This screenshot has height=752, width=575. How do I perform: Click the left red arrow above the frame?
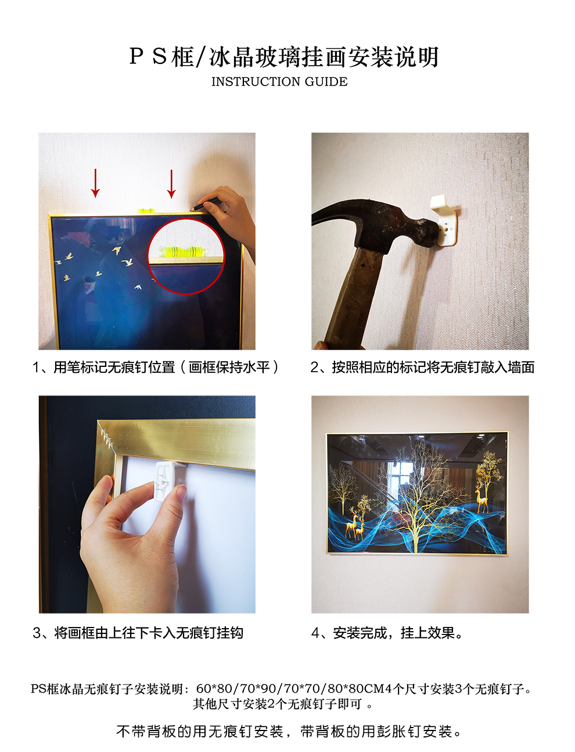(x=95, y=183)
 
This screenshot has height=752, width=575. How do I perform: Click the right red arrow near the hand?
(x=171, y=184)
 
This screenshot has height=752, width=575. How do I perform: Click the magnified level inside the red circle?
(x=186, y=250)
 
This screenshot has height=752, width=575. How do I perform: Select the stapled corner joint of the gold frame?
(x=106, y=437)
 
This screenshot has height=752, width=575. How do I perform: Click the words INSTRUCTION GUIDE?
(x=279, y=81)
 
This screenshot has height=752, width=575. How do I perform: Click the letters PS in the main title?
(x=148, y=56)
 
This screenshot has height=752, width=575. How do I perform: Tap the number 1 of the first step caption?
(x=36, y=367)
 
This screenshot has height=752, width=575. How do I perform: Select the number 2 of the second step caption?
(x=314, y=367)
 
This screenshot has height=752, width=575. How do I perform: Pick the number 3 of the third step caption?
(x=37, y=633)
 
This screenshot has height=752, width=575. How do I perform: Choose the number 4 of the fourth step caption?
(x=315, y=633)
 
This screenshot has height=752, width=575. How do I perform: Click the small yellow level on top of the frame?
(x=146, y=210)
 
